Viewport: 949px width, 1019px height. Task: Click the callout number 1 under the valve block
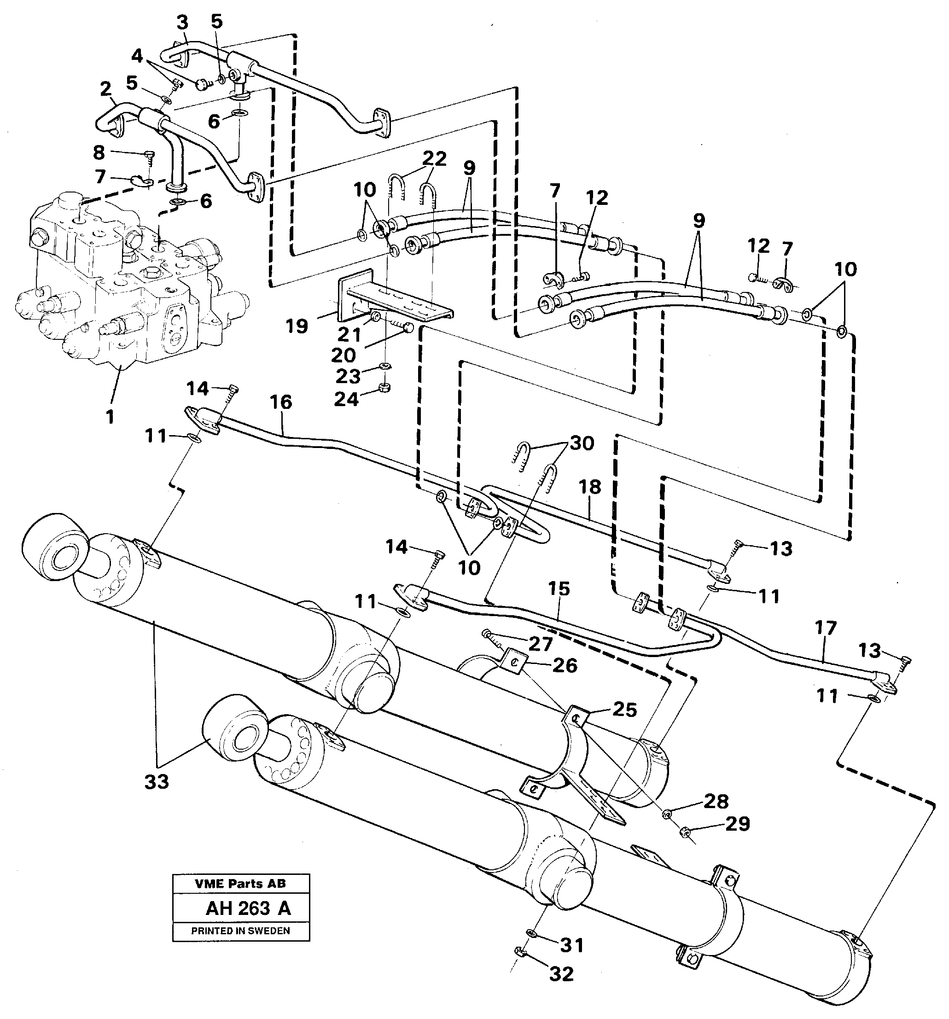(110, 417)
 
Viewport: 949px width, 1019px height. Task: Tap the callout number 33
(157, 782)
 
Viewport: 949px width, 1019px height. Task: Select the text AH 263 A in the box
(248, 909)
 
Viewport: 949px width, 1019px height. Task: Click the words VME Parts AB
(240, 883)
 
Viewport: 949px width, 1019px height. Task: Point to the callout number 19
(297, 326)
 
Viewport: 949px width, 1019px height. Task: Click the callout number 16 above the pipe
(280, 402)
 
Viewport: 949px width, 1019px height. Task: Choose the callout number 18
(590, 487)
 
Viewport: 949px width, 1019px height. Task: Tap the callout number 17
(825, 628)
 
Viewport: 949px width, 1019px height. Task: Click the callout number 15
(559, 589)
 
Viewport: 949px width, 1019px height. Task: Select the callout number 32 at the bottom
(561, 973)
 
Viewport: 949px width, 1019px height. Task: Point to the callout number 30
(582, 443)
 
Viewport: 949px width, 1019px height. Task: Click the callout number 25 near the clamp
(624, 710)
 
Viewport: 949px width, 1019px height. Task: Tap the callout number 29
(737, 824)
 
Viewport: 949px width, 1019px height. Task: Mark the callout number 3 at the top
(182, 23)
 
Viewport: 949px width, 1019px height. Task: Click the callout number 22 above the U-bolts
(434, 158)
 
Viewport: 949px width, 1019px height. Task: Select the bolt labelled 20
(405, 329)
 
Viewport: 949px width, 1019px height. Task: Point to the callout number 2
(105, 89)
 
